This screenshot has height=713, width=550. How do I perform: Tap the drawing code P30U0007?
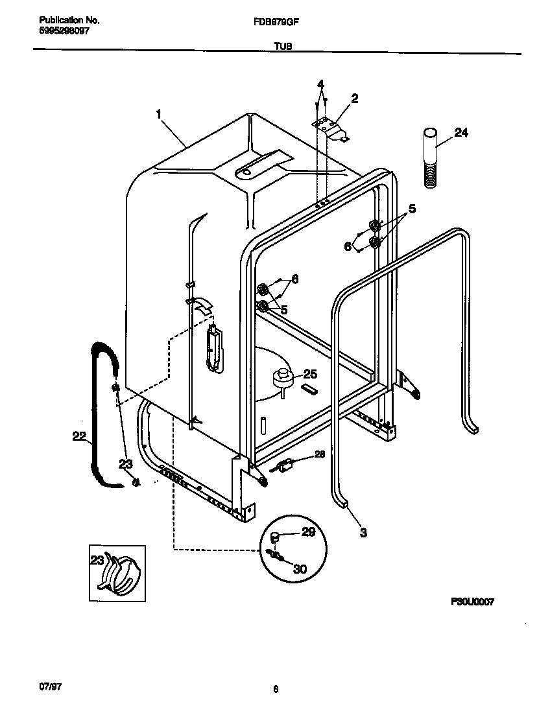point(473,602)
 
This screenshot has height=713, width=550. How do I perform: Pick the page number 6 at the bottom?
point(276,690)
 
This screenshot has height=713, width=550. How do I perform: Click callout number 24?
point(460,133)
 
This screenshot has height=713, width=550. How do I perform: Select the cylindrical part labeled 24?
point(429,159)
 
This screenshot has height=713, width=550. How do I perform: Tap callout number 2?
point(354,99)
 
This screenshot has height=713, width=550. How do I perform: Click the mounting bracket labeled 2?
point(331,128)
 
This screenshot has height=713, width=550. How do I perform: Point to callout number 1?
point(158,114)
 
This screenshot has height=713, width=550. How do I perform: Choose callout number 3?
point(363,533)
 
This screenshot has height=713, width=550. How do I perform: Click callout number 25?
point(310,374)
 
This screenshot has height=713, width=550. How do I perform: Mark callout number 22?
point(79,437)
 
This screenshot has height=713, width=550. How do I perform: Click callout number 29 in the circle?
point(309,532)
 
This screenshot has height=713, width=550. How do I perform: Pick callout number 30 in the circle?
point(300,569)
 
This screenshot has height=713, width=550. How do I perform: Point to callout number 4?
point(320,85)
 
